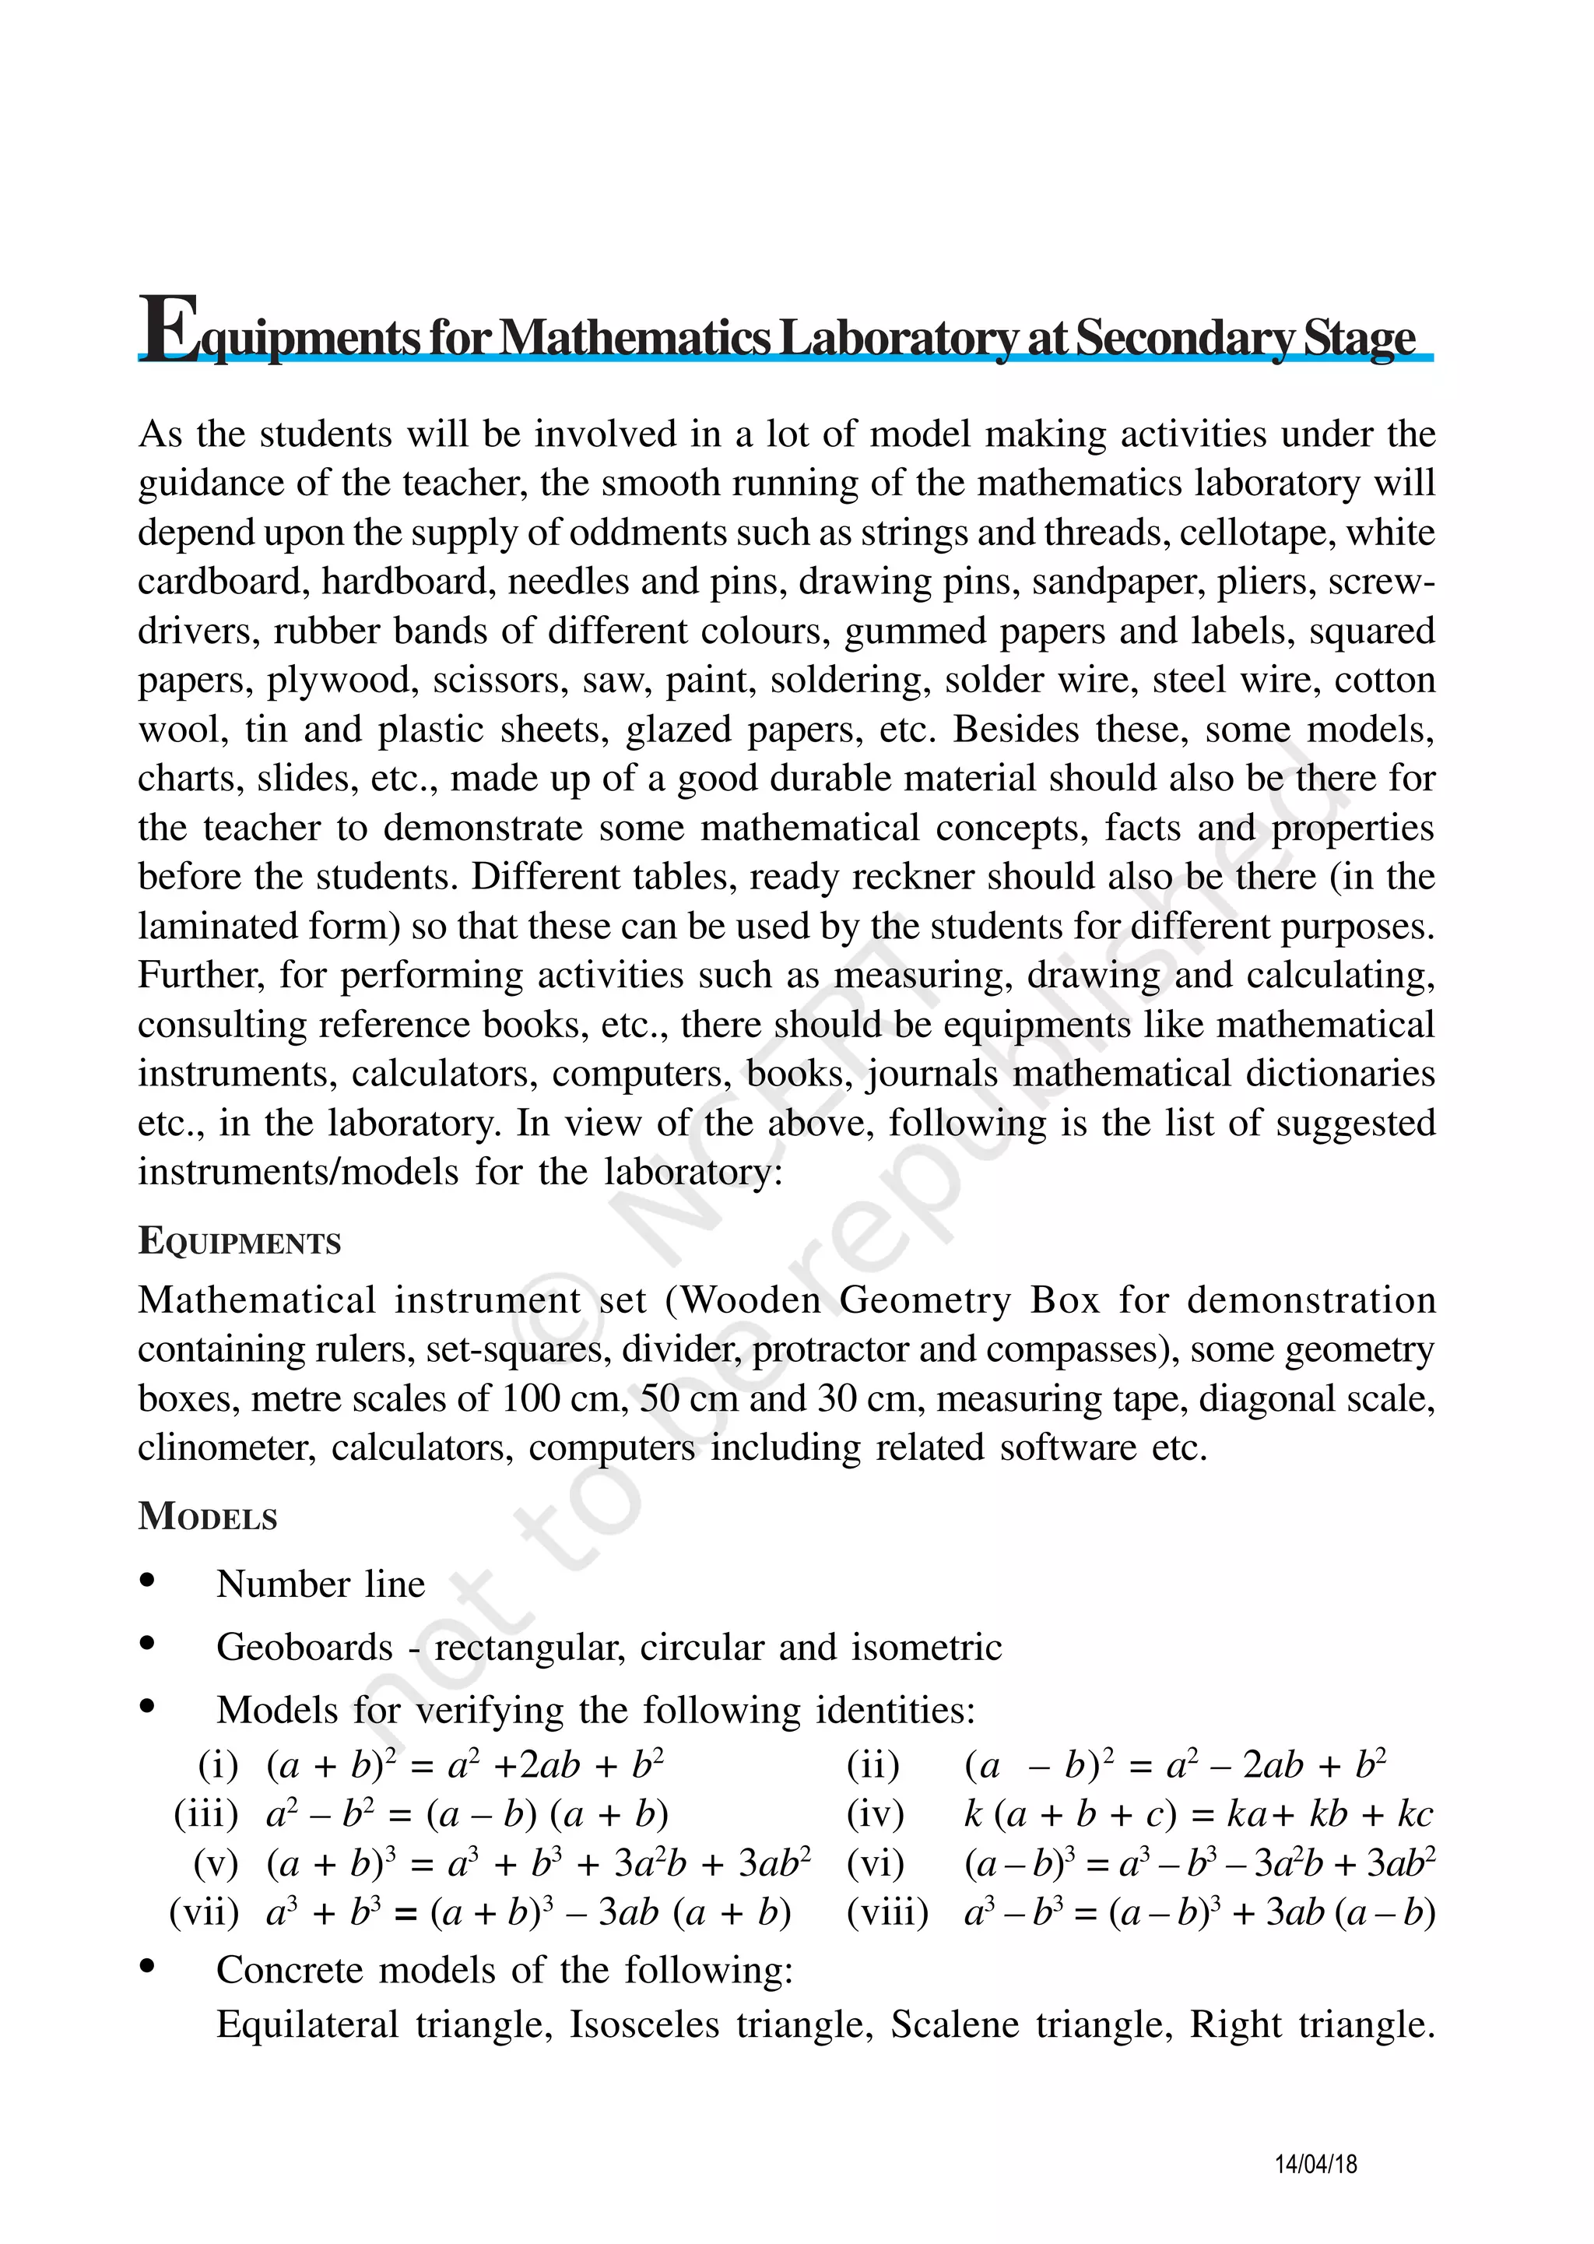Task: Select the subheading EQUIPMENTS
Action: (240, 1241)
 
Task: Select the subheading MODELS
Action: (208, 1516)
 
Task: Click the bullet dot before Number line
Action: (148, 1579)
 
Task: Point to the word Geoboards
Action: (304, 1647)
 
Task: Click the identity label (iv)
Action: (875, 1813)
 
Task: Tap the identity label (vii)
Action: (204, 1912)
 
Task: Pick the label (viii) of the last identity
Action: (887, 1912)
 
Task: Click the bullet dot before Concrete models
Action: (148, 1965)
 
